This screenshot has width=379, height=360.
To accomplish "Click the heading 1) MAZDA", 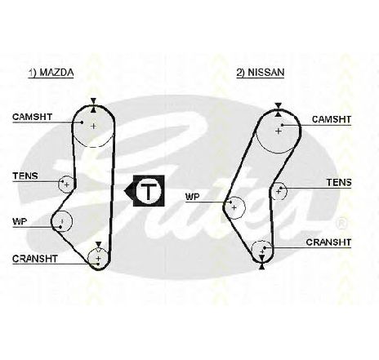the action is (x=51, y=73).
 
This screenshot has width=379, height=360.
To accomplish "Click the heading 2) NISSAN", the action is (x=261, y=73).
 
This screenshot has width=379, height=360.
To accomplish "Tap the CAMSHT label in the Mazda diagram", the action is (x=32, y=117).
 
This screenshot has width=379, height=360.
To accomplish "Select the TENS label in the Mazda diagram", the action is (x=25, y=176).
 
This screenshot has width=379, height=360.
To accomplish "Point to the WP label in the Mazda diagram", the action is (x=20, y=222).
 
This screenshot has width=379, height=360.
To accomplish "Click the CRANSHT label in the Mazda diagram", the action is (x=35, y=259).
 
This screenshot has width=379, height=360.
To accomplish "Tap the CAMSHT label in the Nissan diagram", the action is (x=332, y=119).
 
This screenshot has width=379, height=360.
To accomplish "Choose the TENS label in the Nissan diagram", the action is (x=339, y=182).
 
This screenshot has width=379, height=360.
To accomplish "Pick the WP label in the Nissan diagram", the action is (x=192, y=197).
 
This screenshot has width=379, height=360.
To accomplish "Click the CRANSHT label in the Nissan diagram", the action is (x=328, y=242).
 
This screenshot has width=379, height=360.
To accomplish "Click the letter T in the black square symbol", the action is (x=148, y=191).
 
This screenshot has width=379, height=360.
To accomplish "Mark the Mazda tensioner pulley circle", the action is (x=66, y=184).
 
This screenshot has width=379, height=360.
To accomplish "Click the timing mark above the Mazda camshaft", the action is (x=93, y=105).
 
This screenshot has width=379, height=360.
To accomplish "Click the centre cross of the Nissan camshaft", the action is (x=279, y=131).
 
